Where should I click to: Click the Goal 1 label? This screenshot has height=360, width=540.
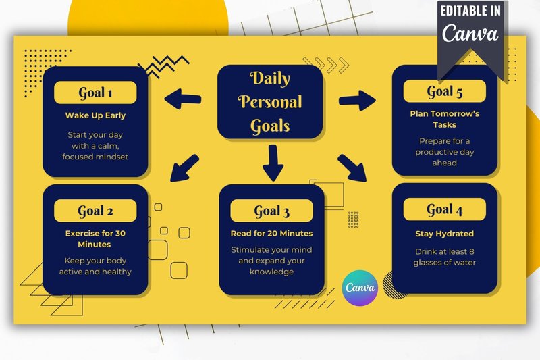point(95,93)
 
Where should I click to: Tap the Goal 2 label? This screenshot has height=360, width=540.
point(95,211)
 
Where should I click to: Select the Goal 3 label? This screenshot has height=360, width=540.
point(272,211)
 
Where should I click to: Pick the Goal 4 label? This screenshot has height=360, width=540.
point(445,209)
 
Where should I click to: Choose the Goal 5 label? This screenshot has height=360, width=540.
point(445,91)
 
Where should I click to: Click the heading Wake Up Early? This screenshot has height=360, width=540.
point(95,115)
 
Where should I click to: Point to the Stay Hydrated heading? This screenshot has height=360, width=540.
point(445,234)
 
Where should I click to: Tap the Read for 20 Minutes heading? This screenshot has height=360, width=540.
point(272,233)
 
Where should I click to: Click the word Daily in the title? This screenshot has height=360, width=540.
point(270,78)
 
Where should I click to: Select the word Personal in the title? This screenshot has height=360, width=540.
point(270,101)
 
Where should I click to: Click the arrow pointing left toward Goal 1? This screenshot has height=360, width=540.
point(183,99)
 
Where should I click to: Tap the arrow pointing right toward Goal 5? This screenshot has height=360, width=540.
point(357,100)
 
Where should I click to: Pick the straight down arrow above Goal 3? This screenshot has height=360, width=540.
point(273,163)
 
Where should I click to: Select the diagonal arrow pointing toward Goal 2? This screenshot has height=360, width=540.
point(184,168)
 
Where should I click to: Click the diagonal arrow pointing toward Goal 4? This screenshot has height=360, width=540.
point(352,168)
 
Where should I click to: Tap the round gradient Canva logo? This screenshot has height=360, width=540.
point(360,288)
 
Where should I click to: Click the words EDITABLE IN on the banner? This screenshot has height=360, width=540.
point(470,11)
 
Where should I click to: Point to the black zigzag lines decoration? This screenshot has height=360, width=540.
point(163,66)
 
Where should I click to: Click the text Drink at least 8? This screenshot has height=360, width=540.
point(445,251)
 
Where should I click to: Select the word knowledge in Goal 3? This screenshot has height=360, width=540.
point(272,272)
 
